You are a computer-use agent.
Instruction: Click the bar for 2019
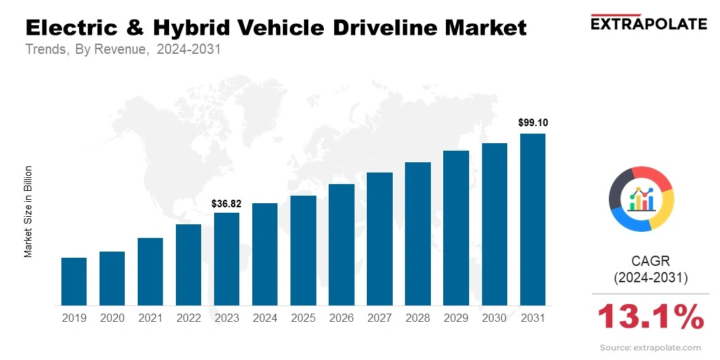[x=74, y=282]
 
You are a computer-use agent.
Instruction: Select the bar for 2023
[x=226, y=259]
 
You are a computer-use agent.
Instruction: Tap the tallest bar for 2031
[x=532, y=220]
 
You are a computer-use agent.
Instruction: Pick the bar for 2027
[x=380, y=239]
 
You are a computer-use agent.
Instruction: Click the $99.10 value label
[x=532, y=123]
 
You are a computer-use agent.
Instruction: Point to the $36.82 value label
[x=226, y=203]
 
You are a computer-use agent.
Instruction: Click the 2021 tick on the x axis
[x=150, y=318]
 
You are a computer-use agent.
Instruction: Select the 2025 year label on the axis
[x=303, y=318]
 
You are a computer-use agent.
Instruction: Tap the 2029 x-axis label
[x=456, y=318]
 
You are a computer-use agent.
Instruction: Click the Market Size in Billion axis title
[x=29, y=211]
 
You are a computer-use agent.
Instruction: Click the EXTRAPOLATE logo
[x=648, y=23]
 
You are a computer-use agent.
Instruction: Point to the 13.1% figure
[x=650, y=318]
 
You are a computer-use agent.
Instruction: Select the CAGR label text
[x=651, y=261]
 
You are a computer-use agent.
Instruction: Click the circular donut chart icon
[x=642, y=198]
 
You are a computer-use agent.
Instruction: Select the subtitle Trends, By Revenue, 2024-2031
[x=123, y=50]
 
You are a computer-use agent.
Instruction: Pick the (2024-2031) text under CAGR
[x=651, y=278]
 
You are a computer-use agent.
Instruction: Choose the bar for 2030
[x=494, y=224]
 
